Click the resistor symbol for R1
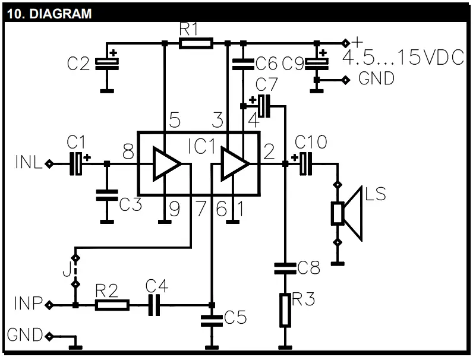coord(196,43)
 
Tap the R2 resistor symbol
coord(112,305)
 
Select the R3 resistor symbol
coord(286,310)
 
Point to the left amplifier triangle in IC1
coord(166,165)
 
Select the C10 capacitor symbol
coord(305,163)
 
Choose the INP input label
coord(27,305)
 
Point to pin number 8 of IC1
coord(128,153)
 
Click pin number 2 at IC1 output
coord(268,153)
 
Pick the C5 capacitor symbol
coord(212,321)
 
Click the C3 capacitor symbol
coord(107,195)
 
